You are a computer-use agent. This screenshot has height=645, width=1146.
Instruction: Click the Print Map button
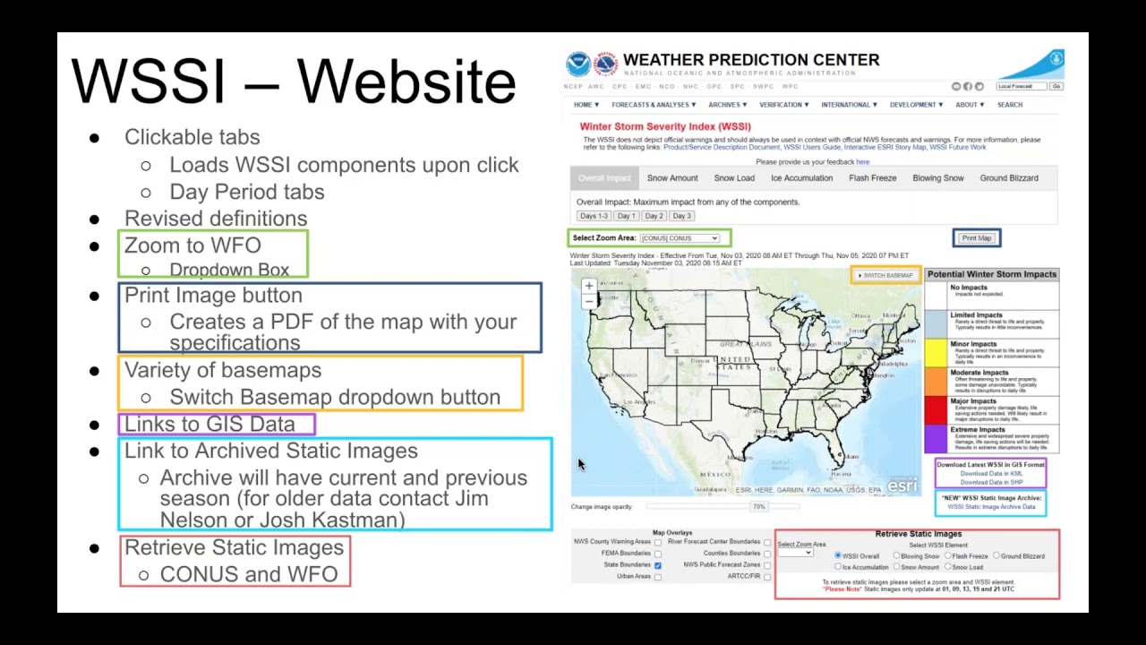click(976, 238)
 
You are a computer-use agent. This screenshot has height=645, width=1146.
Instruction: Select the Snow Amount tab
click(672, 178)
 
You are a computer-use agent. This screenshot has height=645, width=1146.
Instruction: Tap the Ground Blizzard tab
click(1009, 178)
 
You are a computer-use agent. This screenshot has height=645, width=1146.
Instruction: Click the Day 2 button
click(654, 216)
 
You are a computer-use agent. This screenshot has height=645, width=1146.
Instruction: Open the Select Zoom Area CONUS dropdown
click(680, 238)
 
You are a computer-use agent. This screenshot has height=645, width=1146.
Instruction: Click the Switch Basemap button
click(885, 275)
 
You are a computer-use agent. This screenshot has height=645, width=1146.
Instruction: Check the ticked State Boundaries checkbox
click(658, 565)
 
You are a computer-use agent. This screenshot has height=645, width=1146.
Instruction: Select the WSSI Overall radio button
click(838, 556)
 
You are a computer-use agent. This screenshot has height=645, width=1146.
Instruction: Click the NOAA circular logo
click(578, 64)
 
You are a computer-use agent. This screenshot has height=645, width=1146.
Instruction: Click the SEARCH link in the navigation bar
click(1010, 105)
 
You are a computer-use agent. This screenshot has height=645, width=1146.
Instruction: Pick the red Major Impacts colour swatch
click(936, 410)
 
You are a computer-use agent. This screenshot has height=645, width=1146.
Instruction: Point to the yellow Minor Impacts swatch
click(936, 353)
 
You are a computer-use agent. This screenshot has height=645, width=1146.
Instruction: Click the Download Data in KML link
click(991, 474)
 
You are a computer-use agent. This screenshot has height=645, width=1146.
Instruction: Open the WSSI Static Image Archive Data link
click(991, 507)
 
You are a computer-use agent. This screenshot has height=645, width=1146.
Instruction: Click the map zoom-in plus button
click(588, 286)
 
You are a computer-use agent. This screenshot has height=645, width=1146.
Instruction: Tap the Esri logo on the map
click(902, 486)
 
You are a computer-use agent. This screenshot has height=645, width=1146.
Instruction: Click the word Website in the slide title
click(406, 82)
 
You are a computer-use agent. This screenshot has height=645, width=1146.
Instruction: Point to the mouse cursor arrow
click(580, 463)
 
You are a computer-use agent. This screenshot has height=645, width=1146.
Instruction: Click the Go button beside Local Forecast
click(1056, 87)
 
